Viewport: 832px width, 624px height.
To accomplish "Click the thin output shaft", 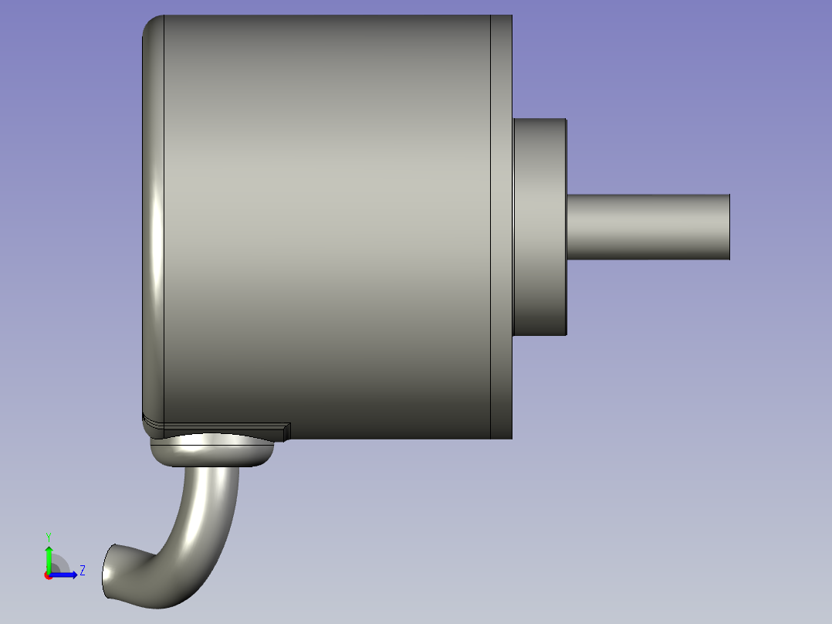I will click(x=648, y=226).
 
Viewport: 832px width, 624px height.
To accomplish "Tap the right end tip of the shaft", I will click(x=729, y=226).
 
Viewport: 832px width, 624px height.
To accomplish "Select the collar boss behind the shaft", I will click(x=540, y=226).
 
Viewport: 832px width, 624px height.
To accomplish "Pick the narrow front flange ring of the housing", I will click(x=502, y=226).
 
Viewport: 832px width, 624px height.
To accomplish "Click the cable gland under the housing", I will click(x=212, y=452).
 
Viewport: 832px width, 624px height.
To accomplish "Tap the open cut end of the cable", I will click(x=109, y=571).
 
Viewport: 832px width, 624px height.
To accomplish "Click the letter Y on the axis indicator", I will click(x=48, y=536).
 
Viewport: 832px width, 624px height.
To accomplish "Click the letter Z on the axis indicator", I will click(x=82, y=571).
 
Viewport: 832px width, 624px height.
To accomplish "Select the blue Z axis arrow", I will click(x=66, y=574).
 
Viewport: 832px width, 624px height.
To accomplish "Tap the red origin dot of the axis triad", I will click(x=48, y=575).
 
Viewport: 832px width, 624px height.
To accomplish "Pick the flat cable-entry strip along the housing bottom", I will click(x=216, y=426).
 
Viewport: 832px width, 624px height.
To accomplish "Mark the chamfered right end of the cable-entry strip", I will click(x=286, y=431).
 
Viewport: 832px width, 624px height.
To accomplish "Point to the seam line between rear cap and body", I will click(x=164, y=226).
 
